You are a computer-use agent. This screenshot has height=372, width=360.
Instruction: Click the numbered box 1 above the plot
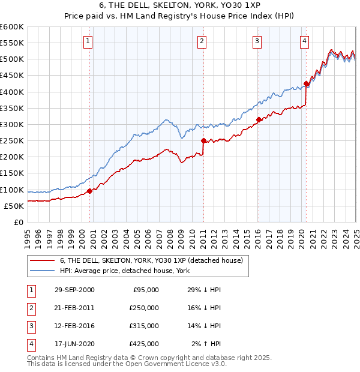(x=88, y=41)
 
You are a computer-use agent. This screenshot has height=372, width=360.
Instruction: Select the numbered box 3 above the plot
(x=257, y=41)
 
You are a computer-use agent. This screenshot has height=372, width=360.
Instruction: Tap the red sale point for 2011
(x=203, y=141)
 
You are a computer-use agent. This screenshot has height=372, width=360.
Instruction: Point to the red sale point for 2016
(x=259, y=119)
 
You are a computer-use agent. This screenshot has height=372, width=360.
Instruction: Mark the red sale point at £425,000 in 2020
(x=306, y=83)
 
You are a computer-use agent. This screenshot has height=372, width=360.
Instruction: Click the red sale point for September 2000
(x=90, y=191)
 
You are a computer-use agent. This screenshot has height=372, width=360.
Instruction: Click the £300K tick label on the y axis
(x=11, y=124)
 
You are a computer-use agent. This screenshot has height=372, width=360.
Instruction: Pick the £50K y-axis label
(x=14, y=206)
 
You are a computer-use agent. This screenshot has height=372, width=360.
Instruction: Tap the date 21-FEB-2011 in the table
(x=74, y=307)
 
